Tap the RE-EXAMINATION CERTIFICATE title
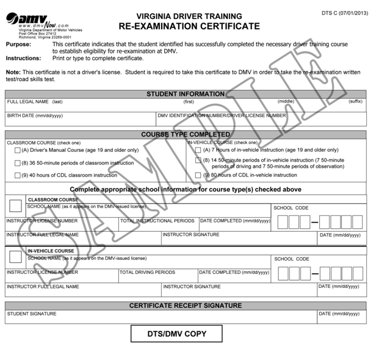point(189,26)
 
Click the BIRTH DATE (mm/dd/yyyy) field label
point(35,115)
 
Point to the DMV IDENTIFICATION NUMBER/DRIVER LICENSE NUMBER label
point(222,115)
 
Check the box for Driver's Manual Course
point(17,150)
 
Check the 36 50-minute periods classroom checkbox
point(17,163)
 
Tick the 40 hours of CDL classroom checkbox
point(17,175)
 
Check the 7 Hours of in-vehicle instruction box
point(198,150)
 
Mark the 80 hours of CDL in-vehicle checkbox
point(198,175)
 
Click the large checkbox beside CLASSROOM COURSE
point(16,206)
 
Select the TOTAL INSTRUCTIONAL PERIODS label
point(157,220)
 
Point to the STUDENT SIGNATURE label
point(32,314)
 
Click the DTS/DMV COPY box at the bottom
point(177,334)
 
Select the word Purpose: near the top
point(20,45)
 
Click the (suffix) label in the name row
point(355,101)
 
